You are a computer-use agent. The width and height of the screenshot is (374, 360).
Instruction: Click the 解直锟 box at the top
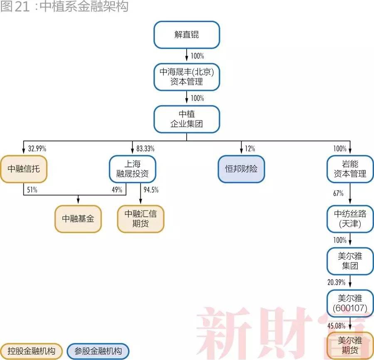[x=187, y=35]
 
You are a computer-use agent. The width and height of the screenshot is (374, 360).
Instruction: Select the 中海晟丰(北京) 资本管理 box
[x=187, y=77]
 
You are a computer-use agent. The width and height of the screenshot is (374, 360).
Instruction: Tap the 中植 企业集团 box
[x=187, y=119]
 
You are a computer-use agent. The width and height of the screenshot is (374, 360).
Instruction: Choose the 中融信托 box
[x=24, y=169]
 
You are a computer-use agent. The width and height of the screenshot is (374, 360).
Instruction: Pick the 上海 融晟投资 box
[x=133, y=169]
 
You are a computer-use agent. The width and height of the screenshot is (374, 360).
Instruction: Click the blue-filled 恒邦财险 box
[x=241, y=169]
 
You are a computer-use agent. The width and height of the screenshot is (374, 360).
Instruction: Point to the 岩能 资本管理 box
[x=350, y=169]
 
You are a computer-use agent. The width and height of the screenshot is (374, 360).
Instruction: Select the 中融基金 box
[x=78, y=219]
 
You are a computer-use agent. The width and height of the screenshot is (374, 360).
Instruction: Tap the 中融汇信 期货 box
[x=140, y=219]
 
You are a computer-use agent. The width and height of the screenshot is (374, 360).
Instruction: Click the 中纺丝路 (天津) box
[x=350, y=219]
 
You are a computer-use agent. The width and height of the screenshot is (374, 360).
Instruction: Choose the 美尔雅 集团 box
[x=350, y=261]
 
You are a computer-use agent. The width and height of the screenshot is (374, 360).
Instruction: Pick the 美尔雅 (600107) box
[x=350, y=303]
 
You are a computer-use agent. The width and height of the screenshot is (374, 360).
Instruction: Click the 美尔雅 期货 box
[x=350, y=345]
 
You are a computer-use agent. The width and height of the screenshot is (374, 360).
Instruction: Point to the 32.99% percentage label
[x=37, y=149]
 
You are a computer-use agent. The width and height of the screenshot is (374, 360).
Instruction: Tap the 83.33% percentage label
[x=145, y=149]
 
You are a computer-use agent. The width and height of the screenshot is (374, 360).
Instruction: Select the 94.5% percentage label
[x=151, y=190]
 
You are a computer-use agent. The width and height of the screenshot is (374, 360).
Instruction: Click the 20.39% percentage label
[x=336, y=282]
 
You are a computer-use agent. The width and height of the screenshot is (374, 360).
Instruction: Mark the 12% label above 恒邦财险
[x=250, y=149]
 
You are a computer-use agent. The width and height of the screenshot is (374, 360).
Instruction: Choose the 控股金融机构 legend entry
[x=31, y=351]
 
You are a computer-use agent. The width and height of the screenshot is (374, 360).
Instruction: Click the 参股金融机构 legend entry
[x=98, y=351]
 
